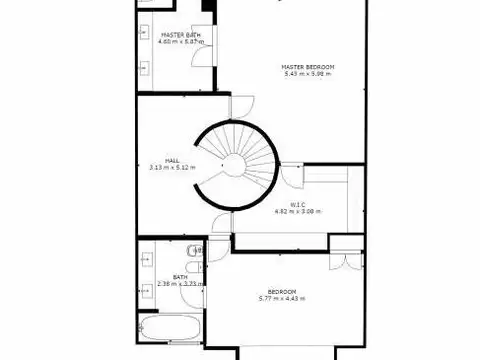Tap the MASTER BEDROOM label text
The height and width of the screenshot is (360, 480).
309,66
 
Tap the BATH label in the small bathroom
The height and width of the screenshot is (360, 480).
180,277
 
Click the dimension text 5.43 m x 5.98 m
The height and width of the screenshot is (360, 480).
309,73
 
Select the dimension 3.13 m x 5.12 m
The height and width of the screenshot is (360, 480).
172,166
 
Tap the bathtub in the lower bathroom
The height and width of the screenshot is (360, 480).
170,329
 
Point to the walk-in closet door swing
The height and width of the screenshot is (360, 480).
292,178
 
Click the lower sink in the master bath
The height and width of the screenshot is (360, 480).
144,68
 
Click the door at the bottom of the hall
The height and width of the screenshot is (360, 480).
220,226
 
